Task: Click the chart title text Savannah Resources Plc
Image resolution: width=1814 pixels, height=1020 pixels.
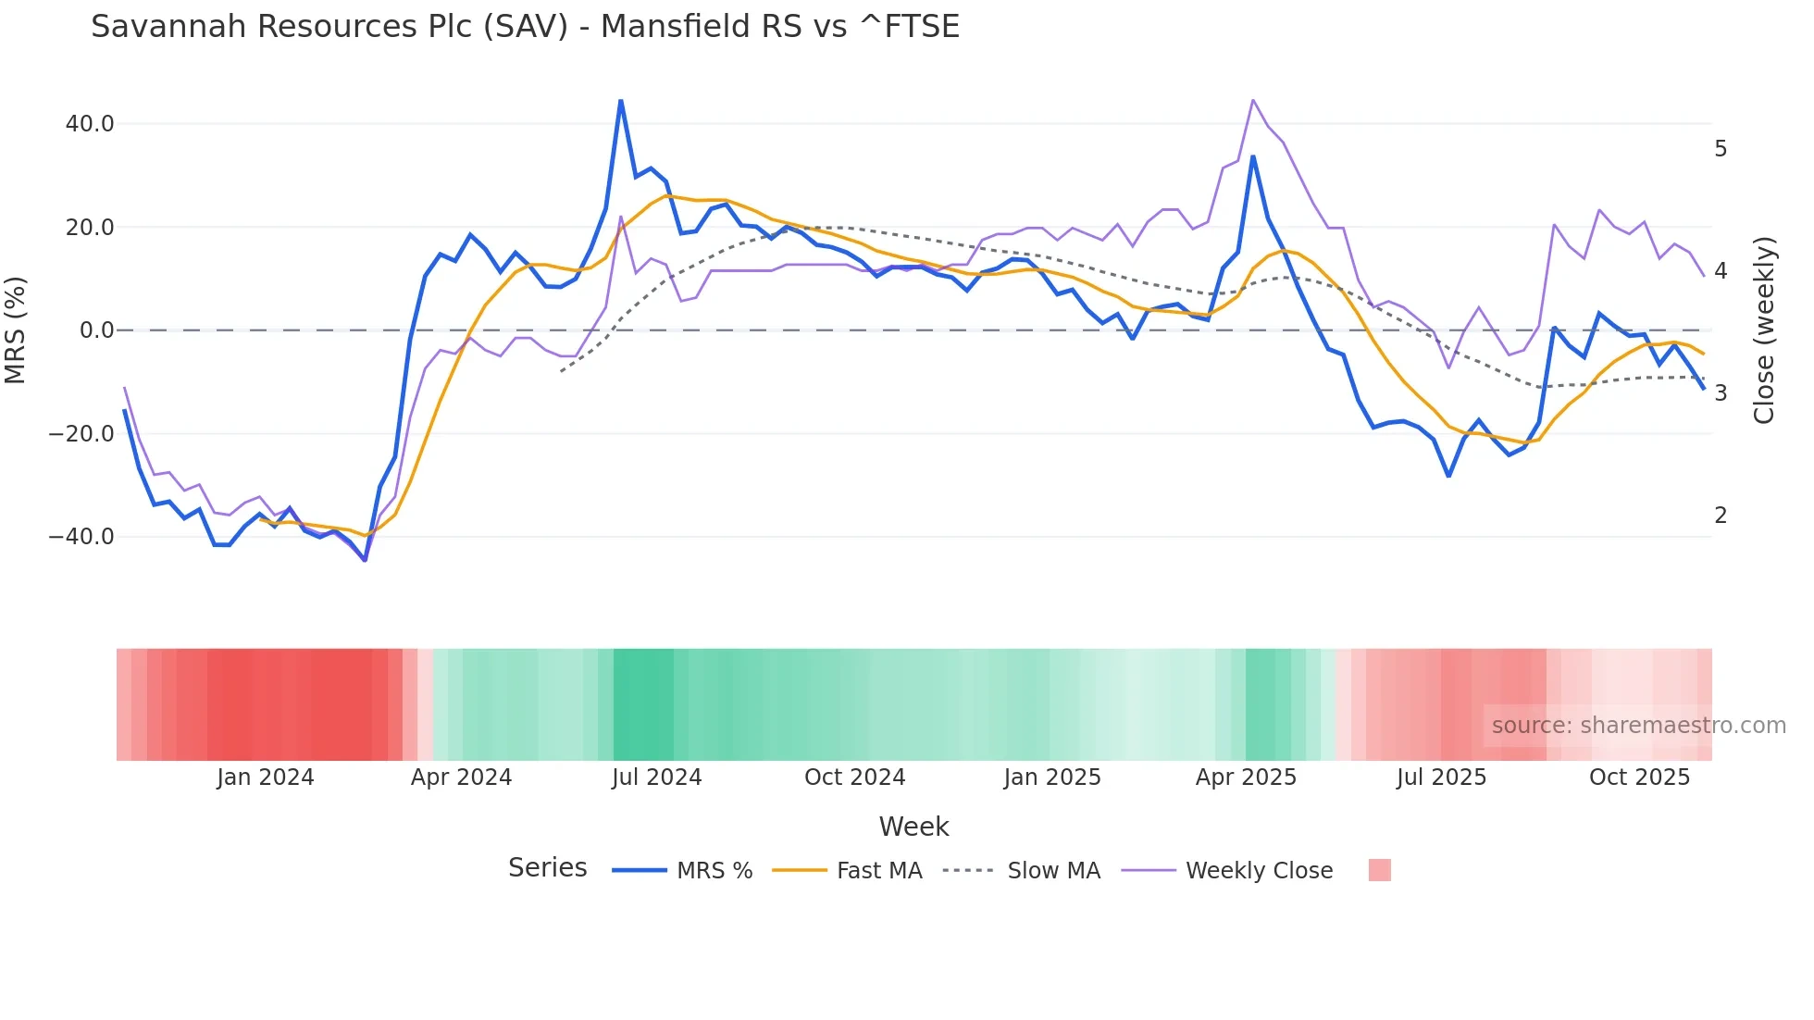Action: pyautogui.click(x=525, y=27)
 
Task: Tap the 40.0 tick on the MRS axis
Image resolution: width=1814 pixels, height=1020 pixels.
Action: pyautogui.click(x=90, y=124)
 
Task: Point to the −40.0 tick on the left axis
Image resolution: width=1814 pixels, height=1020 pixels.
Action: pyautogui.click(x=81, y=537)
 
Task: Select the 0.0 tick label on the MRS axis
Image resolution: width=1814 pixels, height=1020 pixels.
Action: pyautogui.click(x=96, y=330)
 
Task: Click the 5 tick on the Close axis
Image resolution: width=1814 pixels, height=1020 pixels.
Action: pyautogui.click(x=1721, y=149)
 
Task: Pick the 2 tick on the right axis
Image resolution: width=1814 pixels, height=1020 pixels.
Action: pyautogui.click(x=1721, y=516)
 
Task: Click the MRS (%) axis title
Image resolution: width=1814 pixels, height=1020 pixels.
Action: pyautogui.click(x=16, y=330)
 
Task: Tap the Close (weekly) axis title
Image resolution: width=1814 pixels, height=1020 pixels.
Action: pyautogui.click(x=1764, y=330)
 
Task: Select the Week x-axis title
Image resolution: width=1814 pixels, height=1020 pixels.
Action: pyautogui.click(x=913, y=827)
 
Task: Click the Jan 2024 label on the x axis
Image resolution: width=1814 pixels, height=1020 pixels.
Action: pyautogui.click(x=266, y=777)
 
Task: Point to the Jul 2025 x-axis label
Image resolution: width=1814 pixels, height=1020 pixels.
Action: pyautogui.click(x=1441, y=777)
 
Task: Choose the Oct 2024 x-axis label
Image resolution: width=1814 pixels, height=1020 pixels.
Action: pyautogui.click(x=854, y=777)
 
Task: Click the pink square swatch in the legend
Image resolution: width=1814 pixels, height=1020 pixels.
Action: pyautogui.click(x=1379, y=871)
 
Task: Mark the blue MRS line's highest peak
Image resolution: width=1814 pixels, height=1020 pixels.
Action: pyautogui.click(x=620, y=100)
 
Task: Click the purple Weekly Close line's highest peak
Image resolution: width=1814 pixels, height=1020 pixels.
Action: pyautogui.click(x=1252, y=100)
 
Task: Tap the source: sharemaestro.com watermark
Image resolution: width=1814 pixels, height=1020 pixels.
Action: pyautogui.click(x=1638, y=726)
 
